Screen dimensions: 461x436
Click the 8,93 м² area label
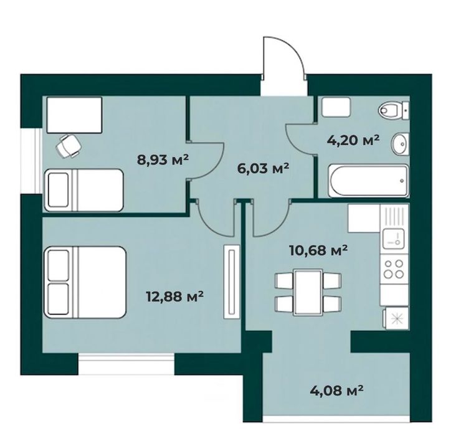coord(163,160)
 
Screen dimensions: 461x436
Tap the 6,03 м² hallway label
coord(263,169)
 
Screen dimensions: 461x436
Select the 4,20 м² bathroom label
coord(353,140)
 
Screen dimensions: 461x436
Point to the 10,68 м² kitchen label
coord(319,250)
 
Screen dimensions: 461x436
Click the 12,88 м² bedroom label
coord(175,296)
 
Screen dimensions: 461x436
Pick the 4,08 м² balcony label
coord(337,391)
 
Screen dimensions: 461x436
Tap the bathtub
coord(368,181)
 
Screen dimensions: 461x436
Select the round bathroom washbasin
coord(400,144)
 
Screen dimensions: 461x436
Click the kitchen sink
coord(394,238)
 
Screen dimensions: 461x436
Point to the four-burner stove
coord(394,269)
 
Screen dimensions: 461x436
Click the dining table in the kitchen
coord(308,292)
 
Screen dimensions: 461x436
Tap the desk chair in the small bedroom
coord(69,146)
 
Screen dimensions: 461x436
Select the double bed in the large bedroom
coord(85,282)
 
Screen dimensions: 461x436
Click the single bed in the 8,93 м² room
coord(83,190)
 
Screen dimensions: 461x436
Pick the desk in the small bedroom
coord(74,115)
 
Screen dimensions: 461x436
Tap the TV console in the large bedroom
coord(232,282)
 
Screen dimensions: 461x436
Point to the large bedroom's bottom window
coord(126,364)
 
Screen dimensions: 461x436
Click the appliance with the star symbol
coord(396,319)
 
